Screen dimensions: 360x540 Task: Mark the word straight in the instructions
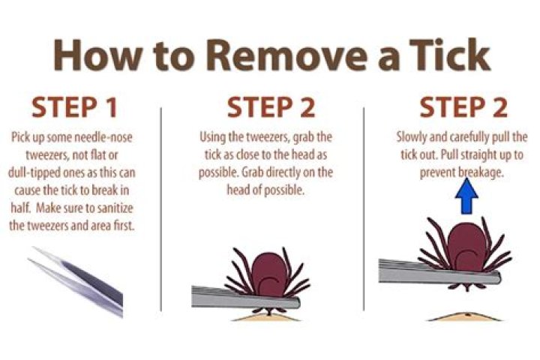pyautogui.click(x=473, y=155)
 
